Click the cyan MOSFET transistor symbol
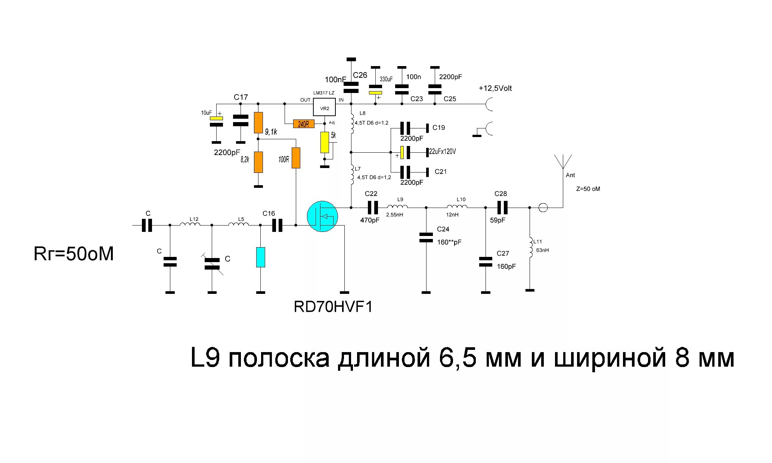322,216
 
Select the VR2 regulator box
324,108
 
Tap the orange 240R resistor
304,124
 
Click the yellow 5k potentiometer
325,142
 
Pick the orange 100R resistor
296,158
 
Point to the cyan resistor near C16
261,257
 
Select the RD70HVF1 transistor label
333,307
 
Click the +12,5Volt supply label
495,88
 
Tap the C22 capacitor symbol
373,207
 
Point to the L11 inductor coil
530,247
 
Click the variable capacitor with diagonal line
212,264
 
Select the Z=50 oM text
588,189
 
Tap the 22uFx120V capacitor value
443,152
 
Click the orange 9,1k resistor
258,122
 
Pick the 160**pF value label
449,242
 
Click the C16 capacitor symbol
277,225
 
